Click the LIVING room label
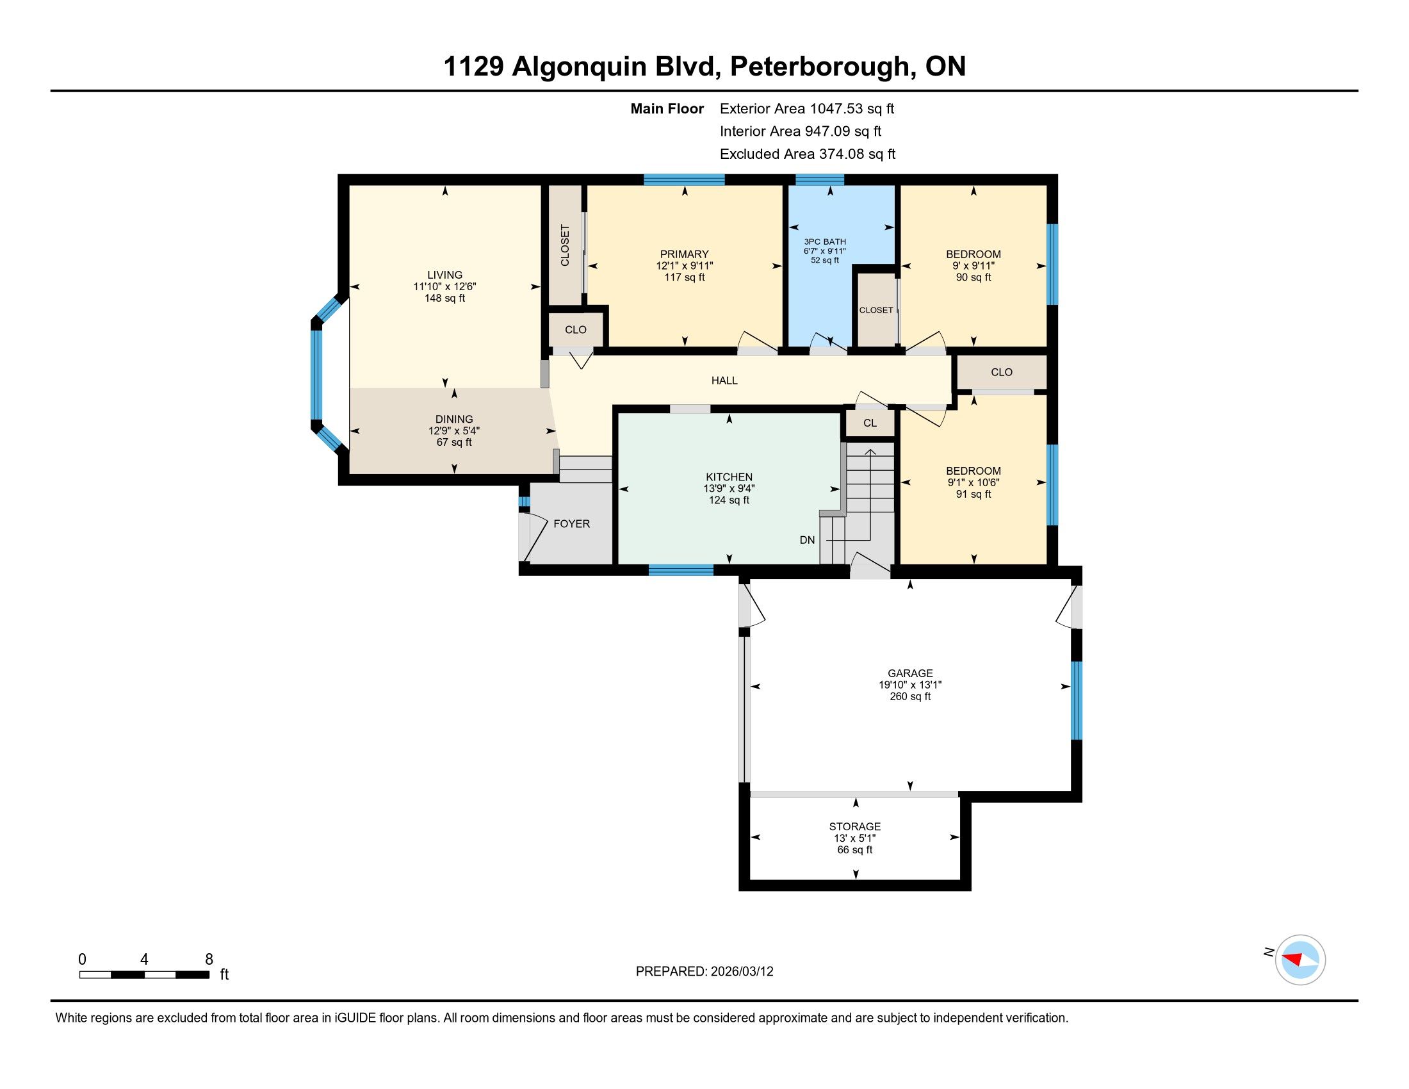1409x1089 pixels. pos(444,275)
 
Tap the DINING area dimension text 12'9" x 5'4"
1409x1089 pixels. pos(454,431)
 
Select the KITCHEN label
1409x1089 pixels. pos(729,477)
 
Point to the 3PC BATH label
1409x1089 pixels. pos(824,242)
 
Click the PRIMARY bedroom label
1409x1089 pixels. pos(685,254)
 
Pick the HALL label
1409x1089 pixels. pos(724,381)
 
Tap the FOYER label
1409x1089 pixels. pos(571,524)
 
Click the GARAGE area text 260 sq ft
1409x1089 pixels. pos(910,697)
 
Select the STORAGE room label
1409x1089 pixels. pos(855,826)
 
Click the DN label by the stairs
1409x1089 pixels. pos(807,540)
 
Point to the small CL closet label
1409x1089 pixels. pos(870,423)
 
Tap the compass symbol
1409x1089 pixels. pos(1300,960)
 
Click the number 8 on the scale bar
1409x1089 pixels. pos(208,960)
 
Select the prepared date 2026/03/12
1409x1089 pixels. pos(741,972)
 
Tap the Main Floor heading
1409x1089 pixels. pos(667,109)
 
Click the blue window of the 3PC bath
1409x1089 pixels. pos(819,179)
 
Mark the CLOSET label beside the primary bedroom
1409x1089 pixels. pos(565,245)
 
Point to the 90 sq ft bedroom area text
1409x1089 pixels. pos(973,277)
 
